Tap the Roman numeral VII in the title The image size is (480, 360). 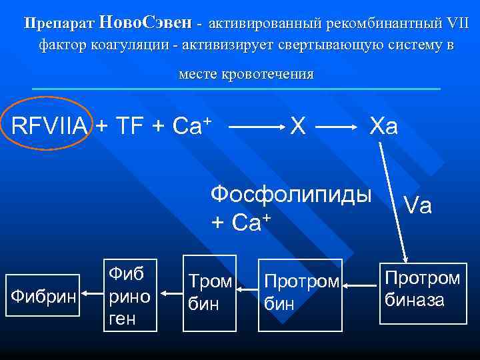point(457,24)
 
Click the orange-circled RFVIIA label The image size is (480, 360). point(49,125)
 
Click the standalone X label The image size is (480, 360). point(299,125)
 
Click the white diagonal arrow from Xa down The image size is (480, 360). point(393,200)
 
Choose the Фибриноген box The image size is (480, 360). point(131,294)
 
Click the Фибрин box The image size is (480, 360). point(43,294)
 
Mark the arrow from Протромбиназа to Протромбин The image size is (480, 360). point(361,285)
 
